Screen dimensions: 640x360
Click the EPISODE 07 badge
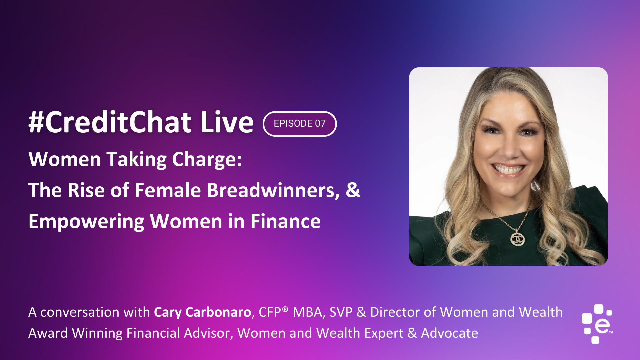[x=300, y=124]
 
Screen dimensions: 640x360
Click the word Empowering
[x=86, y=222]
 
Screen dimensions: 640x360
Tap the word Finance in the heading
[x=285, y=221]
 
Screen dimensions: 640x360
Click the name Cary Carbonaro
[x=202, y=312]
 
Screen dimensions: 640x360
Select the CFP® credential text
[x=273, y=312]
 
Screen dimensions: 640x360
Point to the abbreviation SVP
[x=341, y=312]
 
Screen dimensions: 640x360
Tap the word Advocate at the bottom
[x=449, y=333]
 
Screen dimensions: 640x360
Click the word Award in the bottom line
[x=48, y=333]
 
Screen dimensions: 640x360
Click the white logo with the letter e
[x=597, y=324]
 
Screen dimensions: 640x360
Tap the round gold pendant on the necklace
[x=518, y=239]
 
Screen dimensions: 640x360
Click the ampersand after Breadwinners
[x=353, y=190]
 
